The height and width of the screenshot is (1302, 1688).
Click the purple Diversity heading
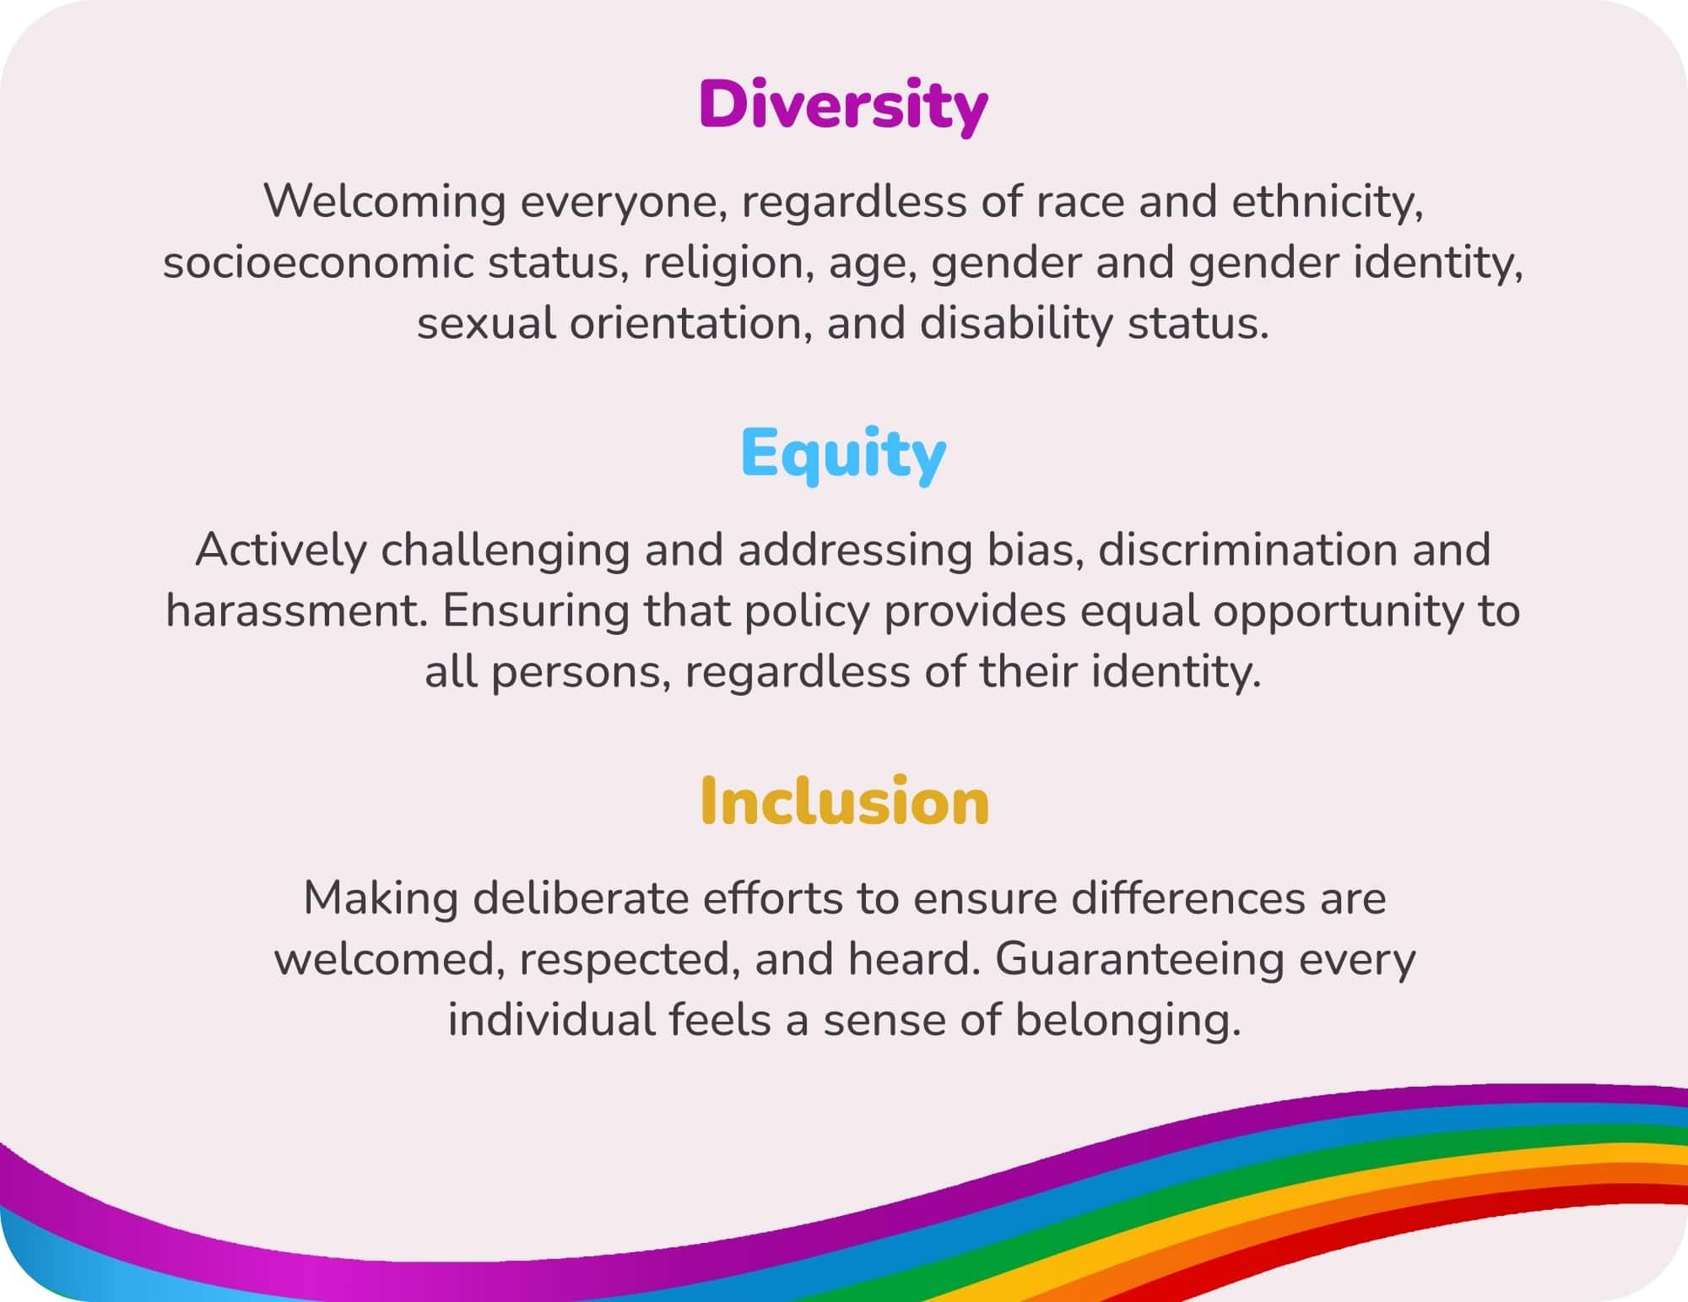pyautogui.click(x=843, y=106)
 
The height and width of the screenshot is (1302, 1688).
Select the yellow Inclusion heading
pyautogui.click(x=844, y=801)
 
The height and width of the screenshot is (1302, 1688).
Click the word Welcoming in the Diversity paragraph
pyautogui.click(x=384, y=202)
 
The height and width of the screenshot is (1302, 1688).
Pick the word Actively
pyautogui.click(x=281, y=550)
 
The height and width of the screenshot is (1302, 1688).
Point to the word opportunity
pyautogui.click(x=1338, y=610)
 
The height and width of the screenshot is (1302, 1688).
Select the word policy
pyautogui.click(x=806, y=610)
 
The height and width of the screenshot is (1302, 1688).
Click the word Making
pyautogui.click(x=381, y=898)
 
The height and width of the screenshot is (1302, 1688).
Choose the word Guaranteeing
pyautogui.click(x=1139, y=958)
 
